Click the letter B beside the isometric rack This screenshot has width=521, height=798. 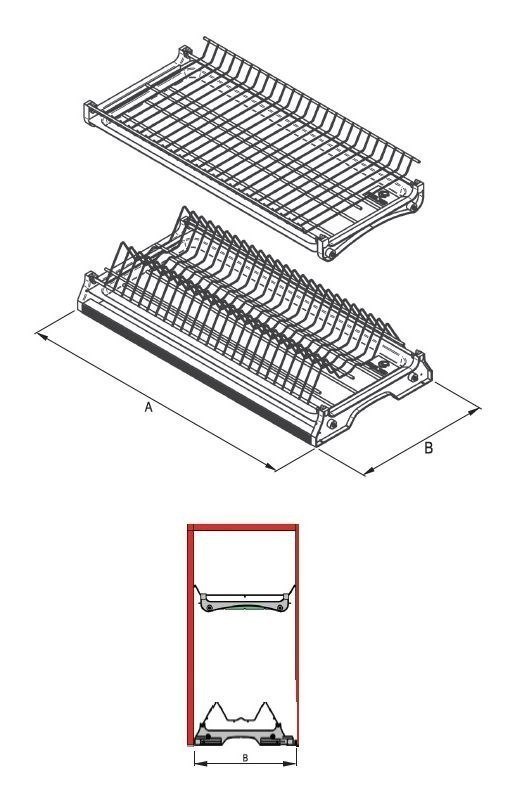(429, 449)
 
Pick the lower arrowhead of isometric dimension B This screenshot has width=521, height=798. (368, 471)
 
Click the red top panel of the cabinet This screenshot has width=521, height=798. (244, 525)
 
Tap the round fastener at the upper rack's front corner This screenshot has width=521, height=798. (326, 254)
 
